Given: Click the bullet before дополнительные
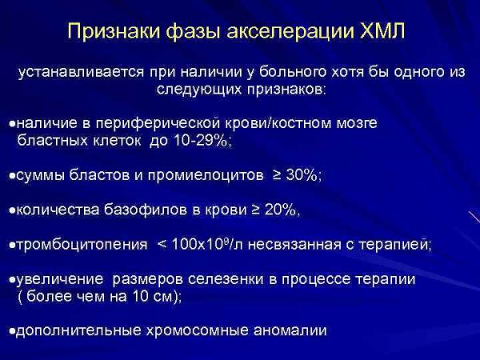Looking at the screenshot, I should coord(10,330).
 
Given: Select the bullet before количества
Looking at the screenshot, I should coord(10,210).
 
